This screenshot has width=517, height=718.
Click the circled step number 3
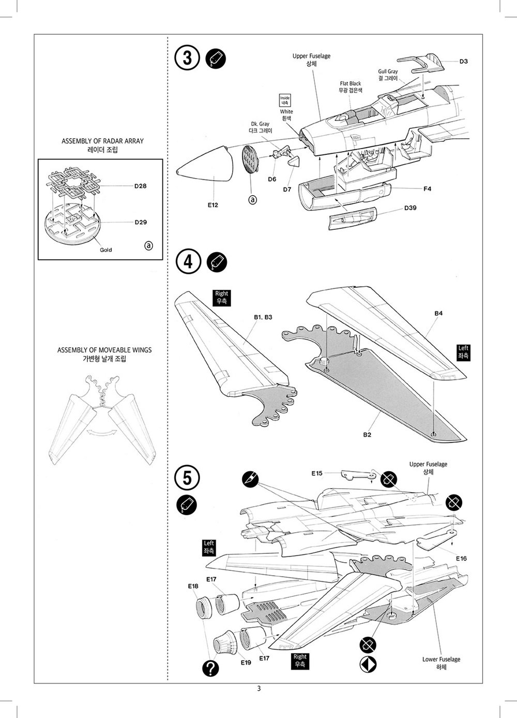coord(187,58)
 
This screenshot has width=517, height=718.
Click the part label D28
coord(140,186)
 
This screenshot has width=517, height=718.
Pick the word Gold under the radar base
coord(106,250)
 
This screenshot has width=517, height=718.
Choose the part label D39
coord(410,208)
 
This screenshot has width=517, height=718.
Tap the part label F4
coord(427,188)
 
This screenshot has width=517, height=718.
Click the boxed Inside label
coord(285,100)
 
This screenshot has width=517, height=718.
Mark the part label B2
coord(367,435)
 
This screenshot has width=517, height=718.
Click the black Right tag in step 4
coord(221,297)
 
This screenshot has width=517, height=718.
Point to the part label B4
coord(438,313)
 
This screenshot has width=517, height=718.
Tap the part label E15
coord(317,473)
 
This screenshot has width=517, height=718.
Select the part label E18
coord(193,587)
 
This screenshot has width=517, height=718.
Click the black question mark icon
coord(210,668)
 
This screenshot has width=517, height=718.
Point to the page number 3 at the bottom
coord(258,688)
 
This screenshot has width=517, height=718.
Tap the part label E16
coord(461,559)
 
